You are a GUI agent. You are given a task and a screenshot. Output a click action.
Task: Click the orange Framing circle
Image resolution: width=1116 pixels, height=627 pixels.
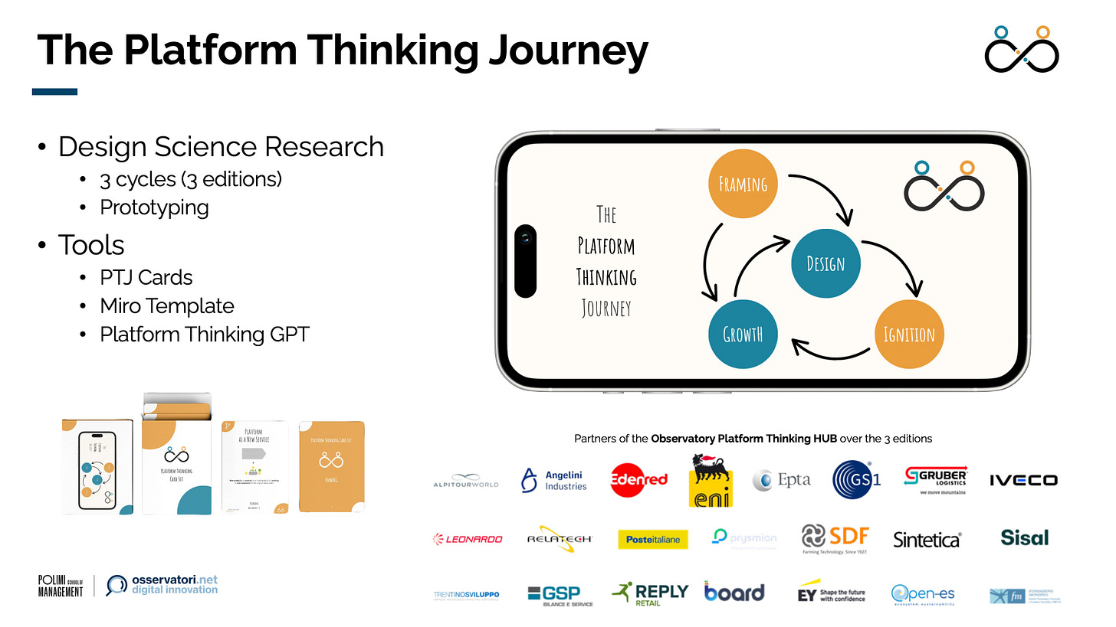click(x=743, y=185)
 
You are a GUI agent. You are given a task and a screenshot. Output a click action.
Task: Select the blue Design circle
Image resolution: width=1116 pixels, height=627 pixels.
click(x=826, y=263)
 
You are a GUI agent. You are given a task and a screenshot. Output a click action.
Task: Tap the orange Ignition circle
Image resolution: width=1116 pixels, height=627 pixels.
click(x=909, y=334)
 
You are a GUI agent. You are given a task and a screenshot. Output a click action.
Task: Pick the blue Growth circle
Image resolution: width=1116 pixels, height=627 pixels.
click(x=743, y=335)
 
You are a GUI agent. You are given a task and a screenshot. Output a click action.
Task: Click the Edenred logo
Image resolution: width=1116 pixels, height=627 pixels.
click(x=638, y=480)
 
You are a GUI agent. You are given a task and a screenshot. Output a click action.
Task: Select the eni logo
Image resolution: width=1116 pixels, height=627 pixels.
click(x=711, y=480)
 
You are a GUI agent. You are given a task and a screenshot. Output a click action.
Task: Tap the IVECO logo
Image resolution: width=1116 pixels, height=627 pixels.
click(x=1022, y=480)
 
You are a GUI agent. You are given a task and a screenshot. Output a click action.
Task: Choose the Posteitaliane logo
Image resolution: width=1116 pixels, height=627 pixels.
click(x=653, y=539)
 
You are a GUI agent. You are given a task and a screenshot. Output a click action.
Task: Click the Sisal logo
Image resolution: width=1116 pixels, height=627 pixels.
click(x=1024, y=537)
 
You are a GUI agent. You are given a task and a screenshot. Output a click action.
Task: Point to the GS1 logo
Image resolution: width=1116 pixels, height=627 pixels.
click(x=856, y=480)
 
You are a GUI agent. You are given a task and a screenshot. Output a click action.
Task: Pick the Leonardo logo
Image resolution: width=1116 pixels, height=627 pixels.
click(x=468, y=539)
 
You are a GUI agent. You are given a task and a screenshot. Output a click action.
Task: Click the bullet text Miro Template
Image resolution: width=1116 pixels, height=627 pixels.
click(x=167, y=305)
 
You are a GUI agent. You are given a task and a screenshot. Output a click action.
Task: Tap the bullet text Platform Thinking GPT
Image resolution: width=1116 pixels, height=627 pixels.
click(x=205, y=334)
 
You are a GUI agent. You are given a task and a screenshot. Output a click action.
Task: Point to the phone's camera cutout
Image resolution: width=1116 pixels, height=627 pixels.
click(x=525, y=260)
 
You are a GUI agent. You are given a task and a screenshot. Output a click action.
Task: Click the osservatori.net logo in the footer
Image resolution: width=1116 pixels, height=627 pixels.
click(x=162, y=585)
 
